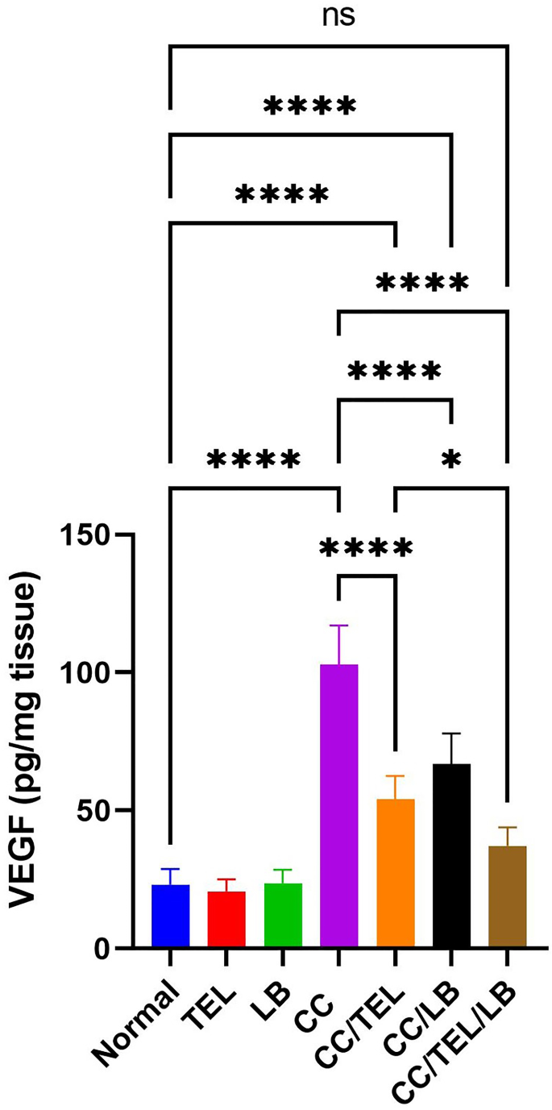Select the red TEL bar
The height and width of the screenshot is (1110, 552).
226,919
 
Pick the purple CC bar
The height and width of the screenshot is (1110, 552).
338,806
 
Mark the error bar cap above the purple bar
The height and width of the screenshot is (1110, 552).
338,626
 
